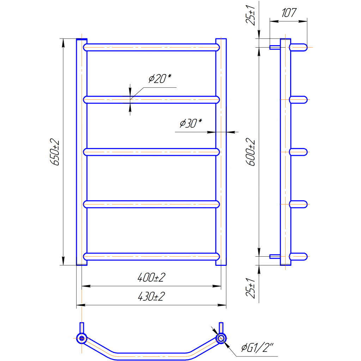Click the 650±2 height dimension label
[x=55, y=152]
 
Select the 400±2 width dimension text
[x=151, y=277]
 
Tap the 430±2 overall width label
[x=151, y=296]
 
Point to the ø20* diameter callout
[x=160, y=79]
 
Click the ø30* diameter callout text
[x=191, y=123]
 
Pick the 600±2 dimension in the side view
[x=251, y=152]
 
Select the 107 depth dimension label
[x=289, y=13]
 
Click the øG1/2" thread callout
[x=257, y=347]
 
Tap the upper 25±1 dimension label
[x=251, y=15]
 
